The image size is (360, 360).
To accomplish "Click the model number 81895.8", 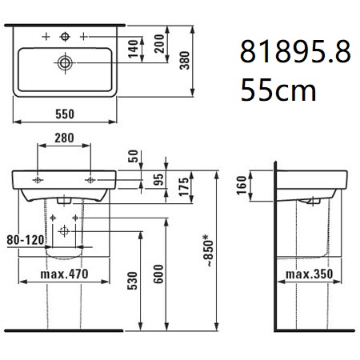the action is click(295, 51).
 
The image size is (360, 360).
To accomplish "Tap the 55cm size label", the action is click(278, 90).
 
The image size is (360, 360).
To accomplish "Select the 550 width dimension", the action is click(65, 114).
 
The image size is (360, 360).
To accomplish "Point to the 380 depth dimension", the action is click(185, 61).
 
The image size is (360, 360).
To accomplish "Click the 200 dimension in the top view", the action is click(159, 44).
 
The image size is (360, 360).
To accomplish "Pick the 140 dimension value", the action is click(134, 49).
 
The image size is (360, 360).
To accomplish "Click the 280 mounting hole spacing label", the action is click(64, 138).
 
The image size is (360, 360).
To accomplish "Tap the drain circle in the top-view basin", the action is click(65, 63).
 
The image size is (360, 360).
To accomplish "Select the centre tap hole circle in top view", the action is click(65, 37).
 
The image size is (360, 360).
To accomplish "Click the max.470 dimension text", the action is click(64, 274).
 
